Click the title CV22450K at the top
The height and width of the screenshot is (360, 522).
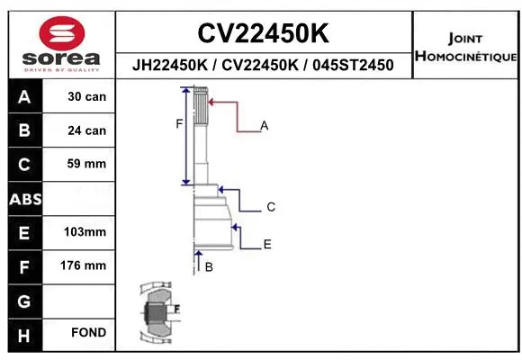click(263, 33)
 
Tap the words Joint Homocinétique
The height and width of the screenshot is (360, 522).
click(465, 48)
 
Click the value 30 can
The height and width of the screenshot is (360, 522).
click(86, 96)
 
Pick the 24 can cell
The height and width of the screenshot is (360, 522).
click(86, 130)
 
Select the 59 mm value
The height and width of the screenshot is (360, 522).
click(86, 164)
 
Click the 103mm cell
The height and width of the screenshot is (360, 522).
click(86, 232)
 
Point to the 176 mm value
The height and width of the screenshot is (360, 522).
click(86, 265)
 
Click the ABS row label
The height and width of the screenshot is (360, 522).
click(23, 198)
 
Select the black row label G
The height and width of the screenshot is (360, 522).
click(23, 300)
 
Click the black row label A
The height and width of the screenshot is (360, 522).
click(23, 96)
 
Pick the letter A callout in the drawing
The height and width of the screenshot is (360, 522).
click(265, 126)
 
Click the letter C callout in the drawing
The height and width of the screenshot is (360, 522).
click(270, 208)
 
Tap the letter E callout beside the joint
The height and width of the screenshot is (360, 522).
click(267, 244)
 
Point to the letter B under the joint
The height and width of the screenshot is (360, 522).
click(209, 266)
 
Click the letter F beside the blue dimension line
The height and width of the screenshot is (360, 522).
click(179, 124)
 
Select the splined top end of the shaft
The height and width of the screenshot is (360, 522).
click(200, 104)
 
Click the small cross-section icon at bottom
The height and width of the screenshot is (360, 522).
click(157, 313)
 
